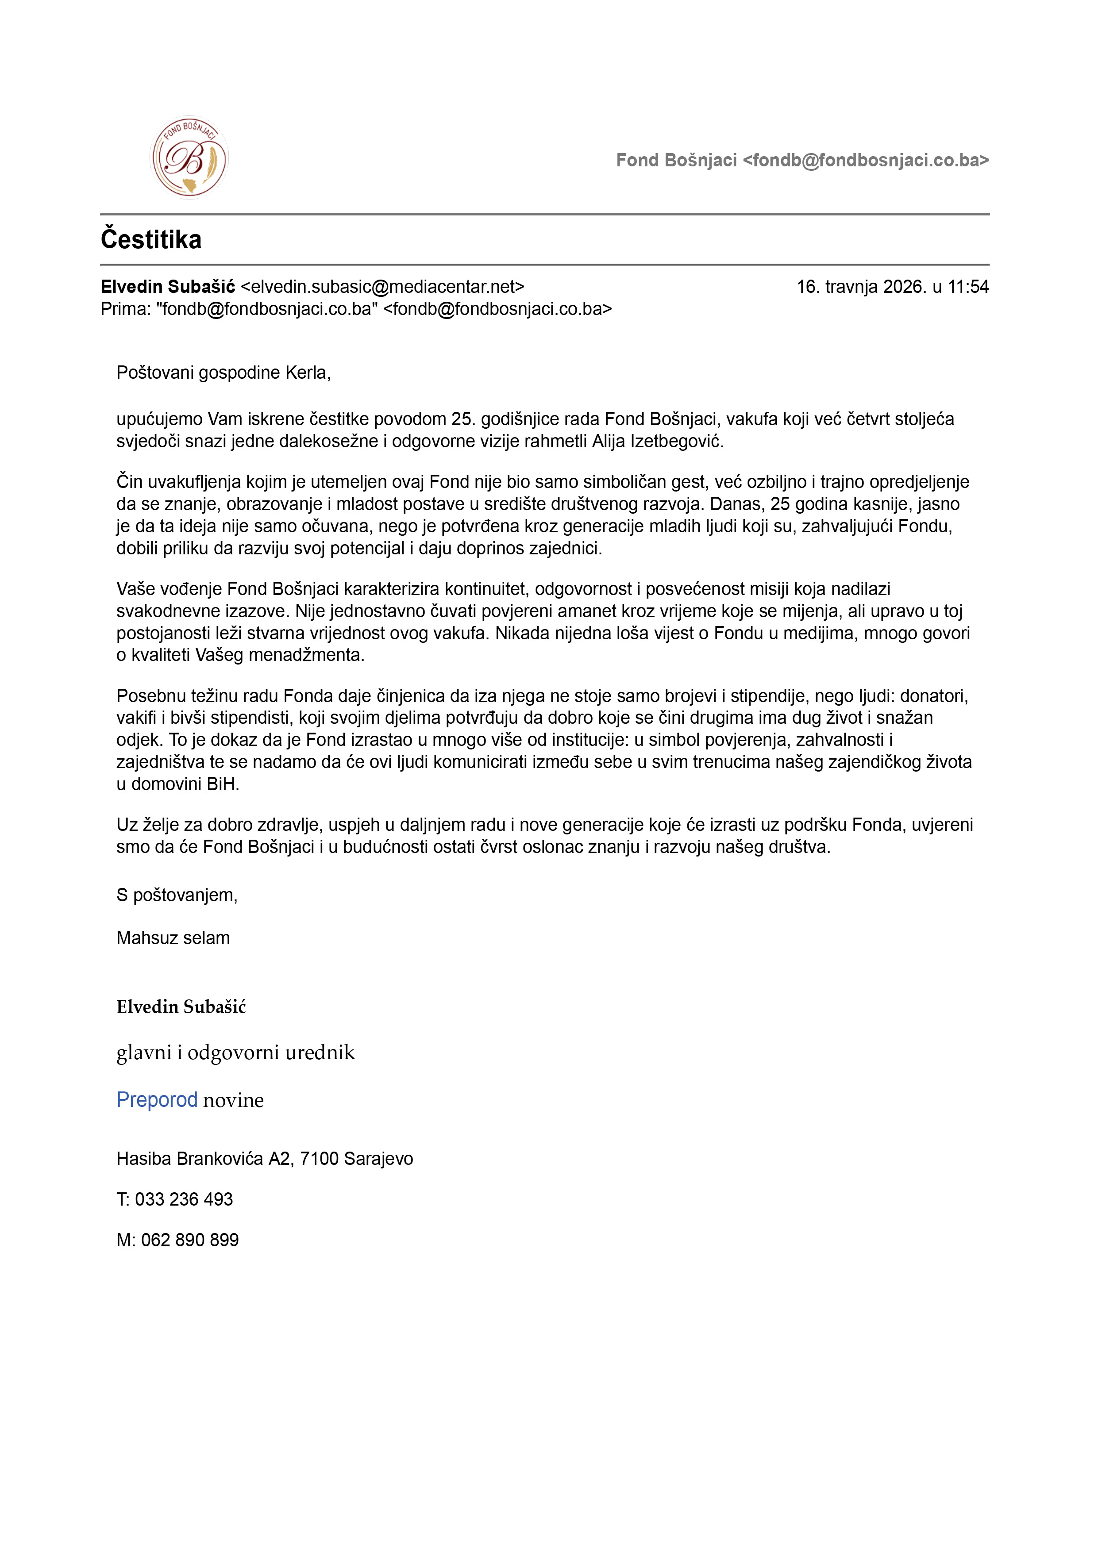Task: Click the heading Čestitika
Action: tap(151, 240)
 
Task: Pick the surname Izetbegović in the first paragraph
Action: tap(677, 442)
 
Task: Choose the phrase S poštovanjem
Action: tap(177, 895)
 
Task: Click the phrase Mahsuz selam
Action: tap(173, 938)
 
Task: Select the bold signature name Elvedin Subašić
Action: tap(181, 1007)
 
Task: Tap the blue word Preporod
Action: tap(157, 1100)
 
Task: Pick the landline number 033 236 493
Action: tap(184, 1199)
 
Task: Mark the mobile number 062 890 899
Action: tap(190, 1240)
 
